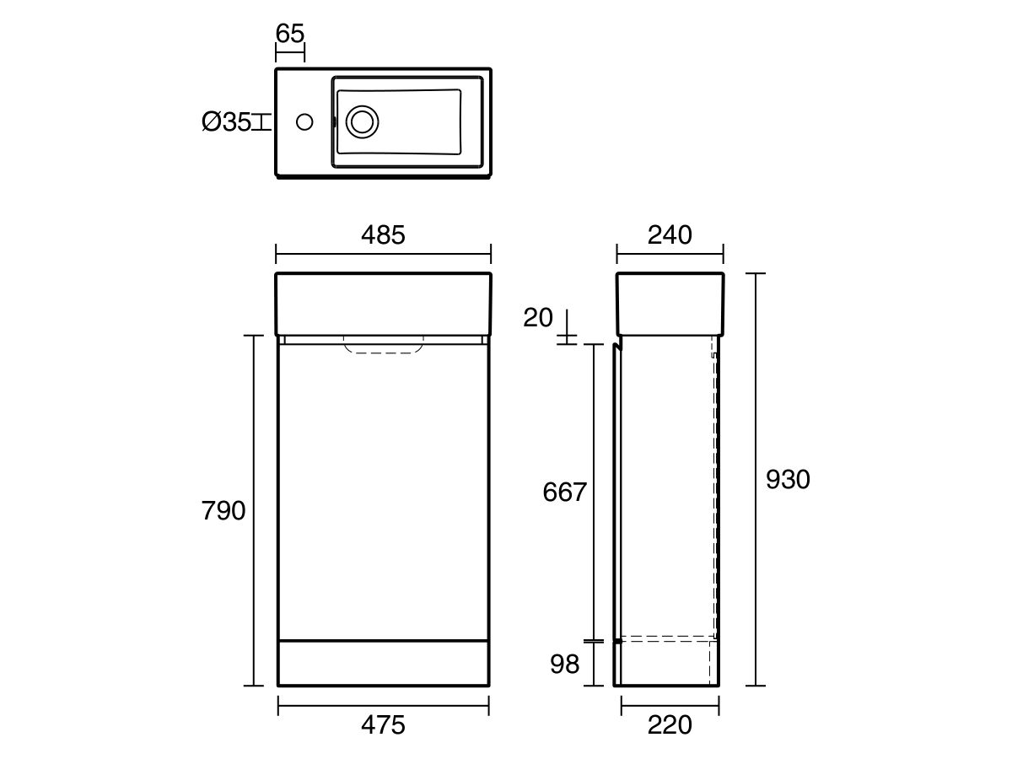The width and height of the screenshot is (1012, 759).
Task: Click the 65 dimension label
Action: (x=289, y=34)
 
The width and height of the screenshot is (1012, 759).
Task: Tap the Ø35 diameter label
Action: (x=227, y=122)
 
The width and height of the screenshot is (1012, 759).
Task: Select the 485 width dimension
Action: (x=383, y=235)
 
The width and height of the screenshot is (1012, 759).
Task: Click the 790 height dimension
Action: (x=223, y=510)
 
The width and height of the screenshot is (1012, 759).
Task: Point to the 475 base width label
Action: (x=383, y=724)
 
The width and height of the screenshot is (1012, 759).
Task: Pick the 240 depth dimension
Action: (x=670, y=235)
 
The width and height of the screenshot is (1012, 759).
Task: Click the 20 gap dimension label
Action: (x=538, y=318)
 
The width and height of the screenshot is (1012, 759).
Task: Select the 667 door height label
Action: (x=563, y=492)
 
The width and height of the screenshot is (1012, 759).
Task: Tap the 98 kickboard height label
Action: (x=565, y=665)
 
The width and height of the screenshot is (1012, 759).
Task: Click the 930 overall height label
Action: (x=788, y=479)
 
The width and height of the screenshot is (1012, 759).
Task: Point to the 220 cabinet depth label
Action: (x=670, y=724)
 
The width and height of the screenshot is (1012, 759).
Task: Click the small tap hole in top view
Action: (x=304, y=122)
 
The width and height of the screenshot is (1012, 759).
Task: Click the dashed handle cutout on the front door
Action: (x=384, y=346)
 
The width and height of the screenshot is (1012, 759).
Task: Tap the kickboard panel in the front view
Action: (x=384, y=663)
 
